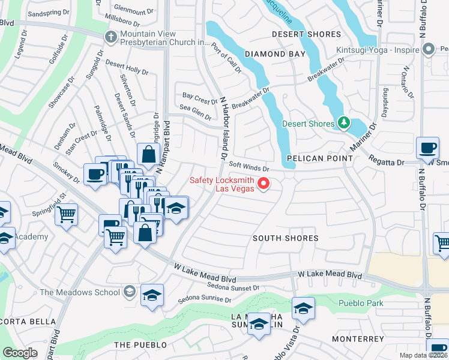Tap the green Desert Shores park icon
click(343, 124)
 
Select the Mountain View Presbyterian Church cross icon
click(110, 37)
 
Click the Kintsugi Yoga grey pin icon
click(429, 50)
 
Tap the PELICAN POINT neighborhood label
click(319, 158)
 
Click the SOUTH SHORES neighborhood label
click(285, 238)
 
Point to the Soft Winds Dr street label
click(249, 168)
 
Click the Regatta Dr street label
click(388, 162)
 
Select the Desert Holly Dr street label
click(127, 67)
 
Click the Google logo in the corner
click(20, 352)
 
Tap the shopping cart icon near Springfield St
click(66, 214)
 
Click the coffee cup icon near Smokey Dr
click(95, 174)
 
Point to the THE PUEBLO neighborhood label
click(136, 345)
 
